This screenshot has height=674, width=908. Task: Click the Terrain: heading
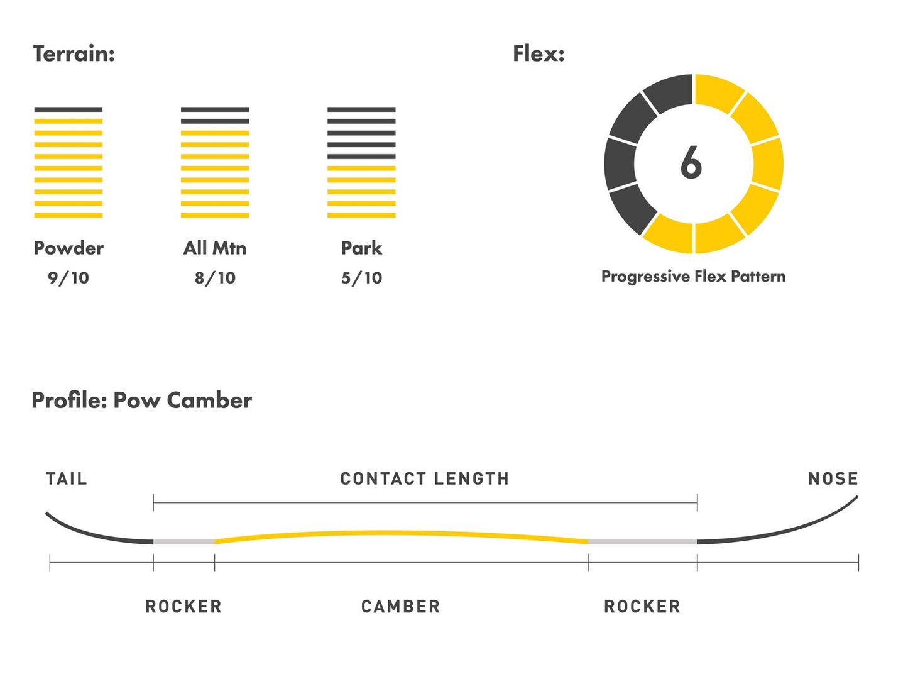click(74, 53)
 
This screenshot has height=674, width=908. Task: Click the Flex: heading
click(539, 53)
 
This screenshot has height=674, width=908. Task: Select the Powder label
click(68, 248)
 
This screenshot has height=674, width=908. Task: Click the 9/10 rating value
click(68, 278)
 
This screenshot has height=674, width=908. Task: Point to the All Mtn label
click(215, 248)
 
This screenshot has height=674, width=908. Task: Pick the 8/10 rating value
click(215, 278)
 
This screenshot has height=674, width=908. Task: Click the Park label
click(361, 248)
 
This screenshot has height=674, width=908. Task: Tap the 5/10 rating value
click(361, 278)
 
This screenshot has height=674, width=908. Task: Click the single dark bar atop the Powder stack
click(68, 109)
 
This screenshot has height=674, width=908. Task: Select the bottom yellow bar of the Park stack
click(361, 216)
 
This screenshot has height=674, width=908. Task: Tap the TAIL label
click(67, 478)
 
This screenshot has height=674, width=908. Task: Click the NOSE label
click(833, 478)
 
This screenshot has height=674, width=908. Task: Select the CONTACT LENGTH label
click(425, 478)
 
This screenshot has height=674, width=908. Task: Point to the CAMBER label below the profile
click(401, 606)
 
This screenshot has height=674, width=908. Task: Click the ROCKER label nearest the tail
click(184, 606)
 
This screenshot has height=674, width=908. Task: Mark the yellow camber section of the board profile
click(401, 533)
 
